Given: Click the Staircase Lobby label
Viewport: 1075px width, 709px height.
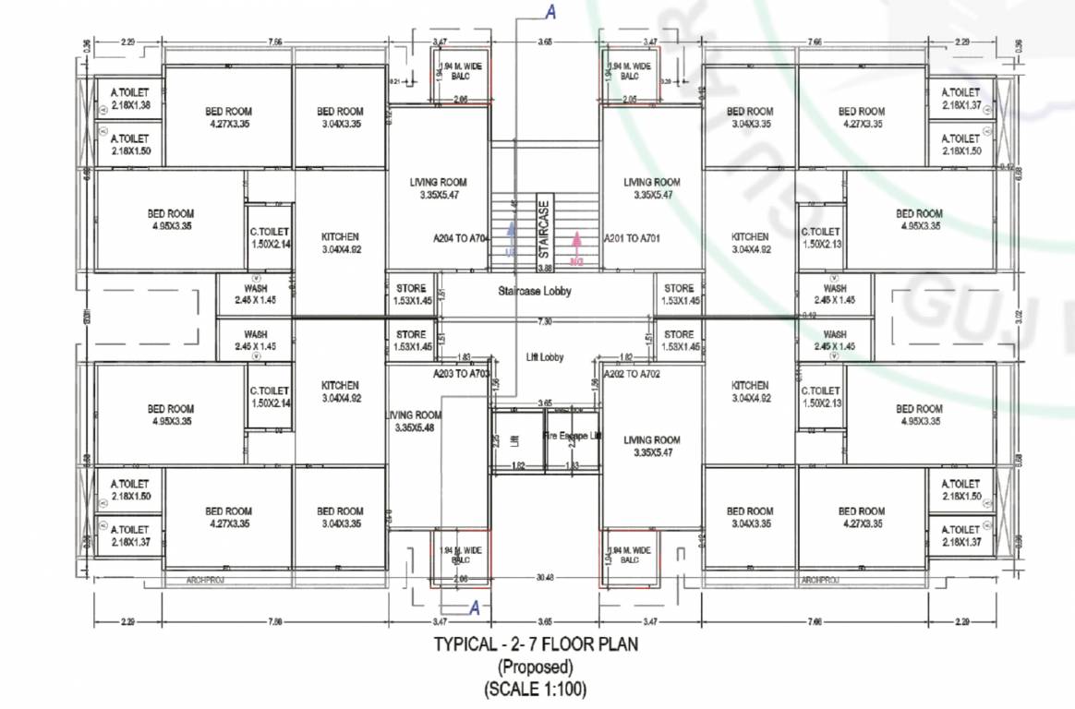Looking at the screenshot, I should tap(535, 291).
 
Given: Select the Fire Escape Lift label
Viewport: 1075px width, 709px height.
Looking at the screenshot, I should tap(572, 435).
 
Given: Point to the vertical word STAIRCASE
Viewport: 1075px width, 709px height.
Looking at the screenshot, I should tap(544, 230).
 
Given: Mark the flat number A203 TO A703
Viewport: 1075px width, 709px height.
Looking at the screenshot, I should tap(461, 374).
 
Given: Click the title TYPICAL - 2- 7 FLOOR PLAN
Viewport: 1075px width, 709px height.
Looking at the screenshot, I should tap(536, 645).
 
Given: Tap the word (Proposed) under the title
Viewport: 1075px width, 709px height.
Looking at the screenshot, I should tap(536, 667).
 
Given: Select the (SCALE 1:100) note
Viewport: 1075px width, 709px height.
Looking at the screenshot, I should tap(536, 688).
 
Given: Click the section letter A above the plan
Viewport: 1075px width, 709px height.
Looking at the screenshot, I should tap(551, 12).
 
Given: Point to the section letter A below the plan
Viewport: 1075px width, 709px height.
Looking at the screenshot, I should tap(475, 607).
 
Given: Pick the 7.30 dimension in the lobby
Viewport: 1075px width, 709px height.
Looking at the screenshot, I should tap(545, 321).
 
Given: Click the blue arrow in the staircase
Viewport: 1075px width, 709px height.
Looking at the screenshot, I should tap(508, 238).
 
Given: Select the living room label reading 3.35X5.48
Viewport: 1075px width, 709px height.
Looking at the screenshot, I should tap(415, 421).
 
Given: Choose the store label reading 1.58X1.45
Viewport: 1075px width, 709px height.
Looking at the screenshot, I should tap(679, 340).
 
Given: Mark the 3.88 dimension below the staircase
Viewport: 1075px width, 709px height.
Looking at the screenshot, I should tap(545, 268).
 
